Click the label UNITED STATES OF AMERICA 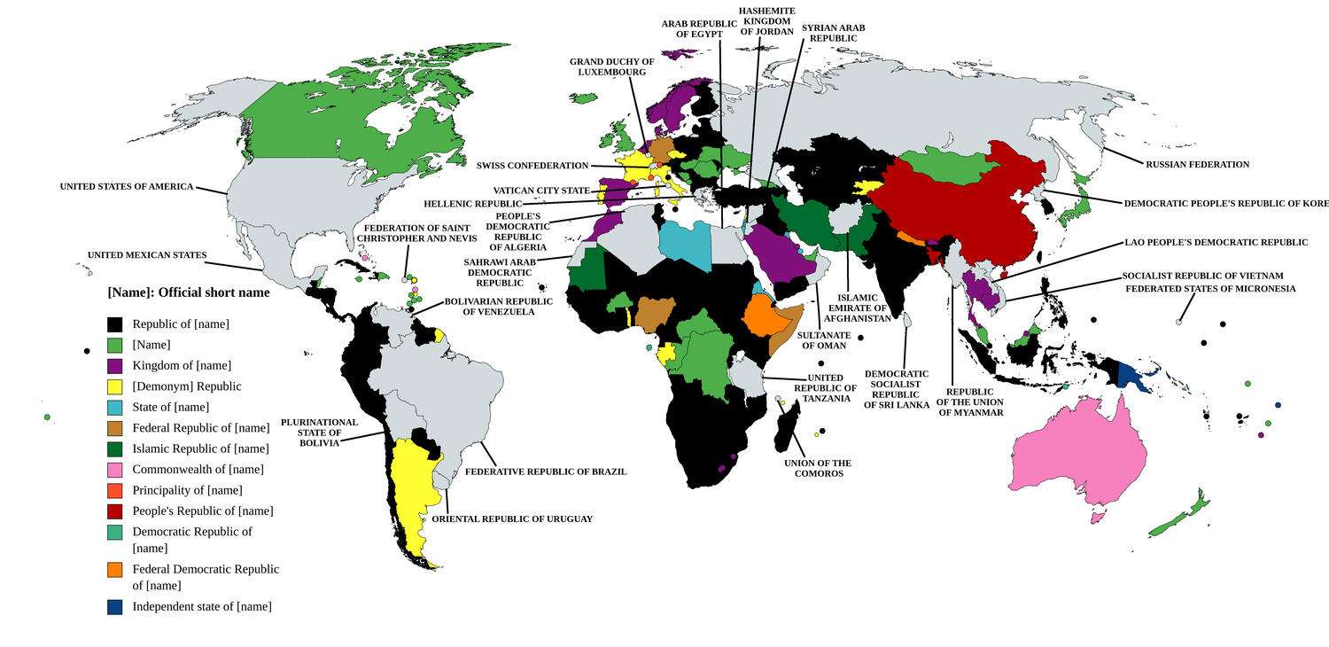pos(126,187)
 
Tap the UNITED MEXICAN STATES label pos(146,255)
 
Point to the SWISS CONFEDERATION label pos(532,166)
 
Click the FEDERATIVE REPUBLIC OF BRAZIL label pos(546,472)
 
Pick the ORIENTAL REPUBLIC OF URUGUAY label pos(511,519)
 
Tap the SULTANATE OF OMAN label pos(823,340)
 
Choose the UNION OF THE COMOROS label pos(818,468)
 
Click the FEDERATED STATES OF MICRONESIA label pos(1210,289)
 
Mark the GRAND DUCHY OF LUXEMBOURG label pos(611,66)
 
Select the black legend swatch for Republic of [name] pos(114,324)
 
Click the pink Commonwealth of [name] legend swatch pos(114,470)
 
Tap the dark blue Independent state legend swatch pos(114,607)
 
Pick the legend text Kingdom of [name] pos(182,366)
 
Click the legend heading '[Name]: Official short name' pos(189,292)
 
